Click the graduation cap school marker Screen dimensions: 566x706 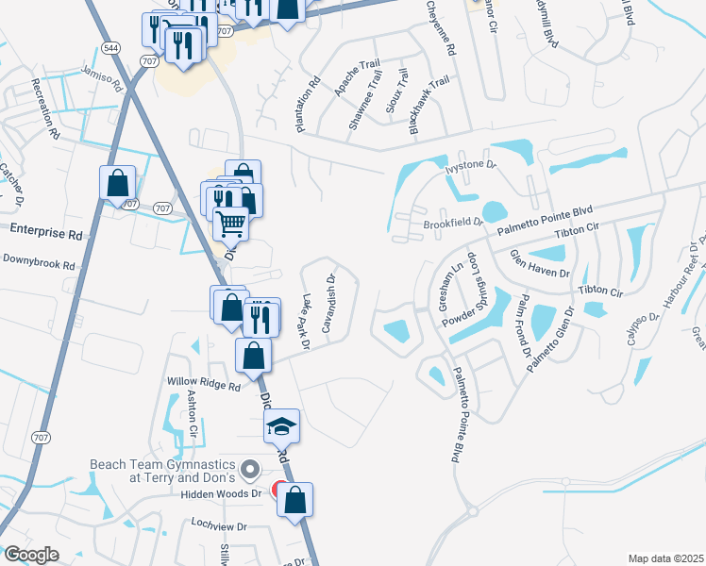(281, 426)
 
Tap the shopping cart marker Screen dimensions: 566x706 (230, 225)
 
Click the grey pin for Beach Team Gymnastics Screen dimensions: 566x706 (249, 468)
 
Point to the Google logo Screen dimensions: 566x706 (31, 555)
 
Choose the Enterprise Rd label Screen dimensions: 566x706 (46, 229)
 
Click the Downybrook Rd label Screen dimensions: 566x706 (38, 261)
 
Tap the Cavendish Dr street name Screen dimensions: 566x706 (329, 304)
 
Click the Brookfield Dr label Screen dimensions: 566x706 (453, 225)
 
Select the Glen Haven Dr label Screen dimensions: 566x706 (540, 265)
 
